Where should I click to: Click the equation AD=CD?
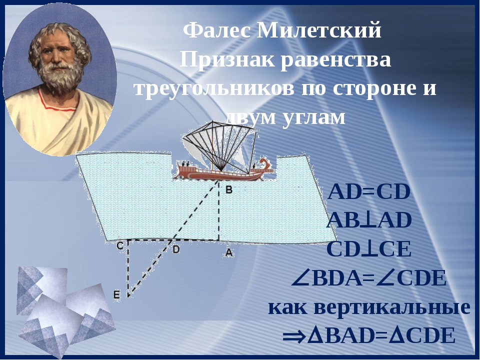(x=369, y=192)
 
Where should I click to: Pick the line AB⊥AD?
(x=369, y=220)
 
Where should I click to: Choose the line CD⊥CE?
(x=369, y=249)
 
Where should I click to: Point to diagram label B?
(x=229, y=190)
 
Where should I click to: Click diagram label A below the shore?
(x=229, y=253)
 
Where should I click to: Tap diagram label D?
(x=176, y=249)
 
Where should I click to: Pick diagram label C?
(x=120, y=246)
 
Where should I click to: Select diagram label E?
(x=116, y=295)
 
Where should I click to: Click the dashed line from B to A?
(x=219, y=210)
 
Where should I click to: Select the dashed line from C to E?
(x=128, y=268)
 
